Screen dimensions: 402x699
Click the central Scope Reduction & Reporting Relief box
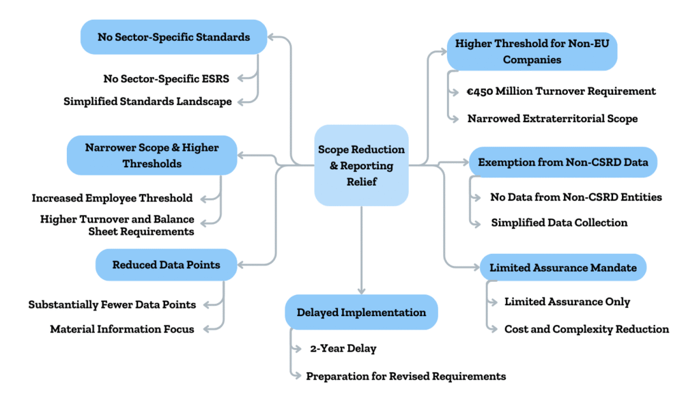click(x=361, y=165)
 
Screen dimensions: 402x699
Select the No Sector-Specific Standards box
click(x=173, y=37)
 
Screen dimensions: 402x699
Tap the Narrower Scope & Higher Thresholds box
click(x=152, y=155)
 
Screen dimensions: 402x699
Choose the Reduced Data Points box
click(x=167, y=264)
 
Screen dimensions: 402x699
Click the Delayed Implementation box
click(x=361, y=312)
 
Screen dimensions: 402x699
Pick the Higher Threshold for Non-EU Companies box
click(x=532, y=52)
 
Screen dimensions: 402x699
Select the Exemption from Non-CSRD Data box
click(x=562, y=162)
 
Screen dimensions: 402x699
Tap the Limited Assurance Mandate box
click(x=562, y=268)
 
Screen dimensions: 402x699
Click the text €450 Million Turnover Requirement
click(x=562, y=91)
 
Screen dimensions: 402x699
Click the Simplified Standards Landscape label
click(x=147, y=101)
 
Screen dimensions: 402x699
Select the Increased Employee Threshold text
click(x=112, y=198)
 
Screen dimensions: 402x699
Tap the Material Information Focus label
click(x=122, y=329)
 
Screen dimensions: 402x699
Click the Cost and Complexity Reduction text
click(x=586, y=329)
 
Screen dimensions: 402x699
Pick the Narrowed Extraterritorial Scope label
click(x=552, y=118)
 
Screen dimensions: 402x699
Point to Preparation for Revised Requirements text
click(x=405, y=375)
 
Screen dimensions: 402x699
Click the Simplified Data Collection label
click(x=558, y=222)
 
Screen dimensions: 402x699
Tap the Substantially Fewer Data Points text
click(x=112, y=304)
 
